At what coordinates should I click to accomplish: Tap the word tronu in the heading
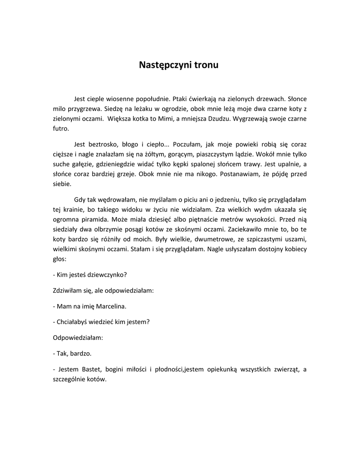click(x=206, y=65)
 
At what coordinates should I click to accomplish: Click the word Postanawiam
click(x=222, y=175)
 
